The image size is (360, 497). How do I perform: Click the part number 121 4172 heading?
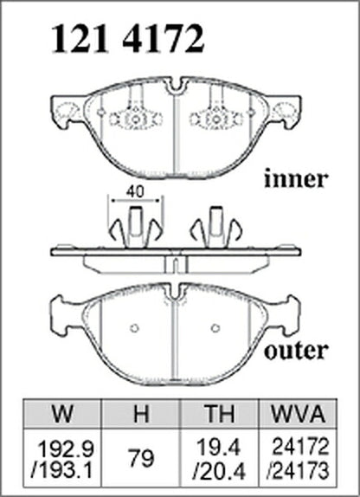coord(127,39)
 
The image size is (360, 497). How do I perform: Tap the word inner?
coord(295,179)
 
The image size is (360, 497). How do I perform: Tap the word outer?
coord(296,351)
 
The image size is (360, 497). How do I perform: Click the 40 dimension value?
coord(135,191)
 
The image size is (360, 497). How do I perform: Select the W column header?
coord(62,413)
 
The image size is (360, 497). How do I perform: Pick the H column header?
coord(141,413)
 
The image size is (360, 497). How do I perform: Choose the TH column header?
coord(220,413)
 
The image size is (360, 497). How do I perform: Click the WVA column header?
coord(299,413)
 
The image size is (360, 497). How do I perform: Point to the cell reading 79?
coord(141,458)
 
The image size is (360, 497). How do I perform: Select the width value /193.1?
coord(62,470)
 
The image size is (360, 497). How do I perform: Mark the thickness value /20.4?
coord(219,471)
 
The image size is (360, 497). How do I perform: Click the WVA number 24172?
coord(300,448)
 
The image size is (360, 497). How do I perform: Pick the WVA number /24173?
coord(298,471)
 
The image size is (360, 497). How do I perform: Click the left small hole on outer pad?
coord(135,328)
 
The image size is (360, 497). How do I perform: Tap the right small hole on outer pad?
coord(215,328)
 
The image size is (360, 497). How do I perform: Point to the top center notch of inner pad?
coord(175,87)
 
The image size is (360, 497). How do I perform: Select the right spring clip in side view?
coord(216,227)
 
